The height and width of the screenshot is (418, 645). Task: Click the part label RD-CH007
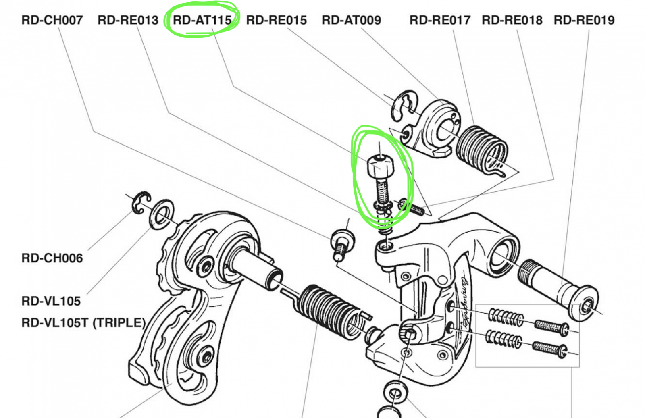(52, 20)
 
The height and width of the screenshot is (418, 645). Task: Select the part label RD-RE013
(128, 20)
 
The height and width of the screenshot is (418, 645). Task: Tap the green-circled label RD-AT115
(202, 20)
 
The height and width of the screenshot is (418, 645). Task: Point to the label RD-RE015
(276, 20)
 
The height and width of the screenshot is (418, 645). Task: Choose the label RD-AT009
(351, 20)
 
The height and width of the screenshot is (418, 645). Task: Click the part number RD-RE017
(440, 20)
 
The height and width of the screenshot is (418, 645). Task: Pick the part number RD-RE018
(512, 20)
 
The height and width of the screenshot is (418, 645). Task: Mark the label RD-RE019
(584, 20)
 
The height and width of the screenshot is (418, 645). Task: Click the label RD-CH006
(52, 258)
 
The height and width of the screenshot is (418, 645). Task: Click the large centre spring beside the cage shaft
(331, 310)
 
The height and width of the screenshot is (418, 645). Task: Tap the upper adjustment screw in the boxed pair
(551, 326)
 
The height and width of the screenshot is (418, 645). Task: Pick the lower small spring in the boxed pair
(504, 339)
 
